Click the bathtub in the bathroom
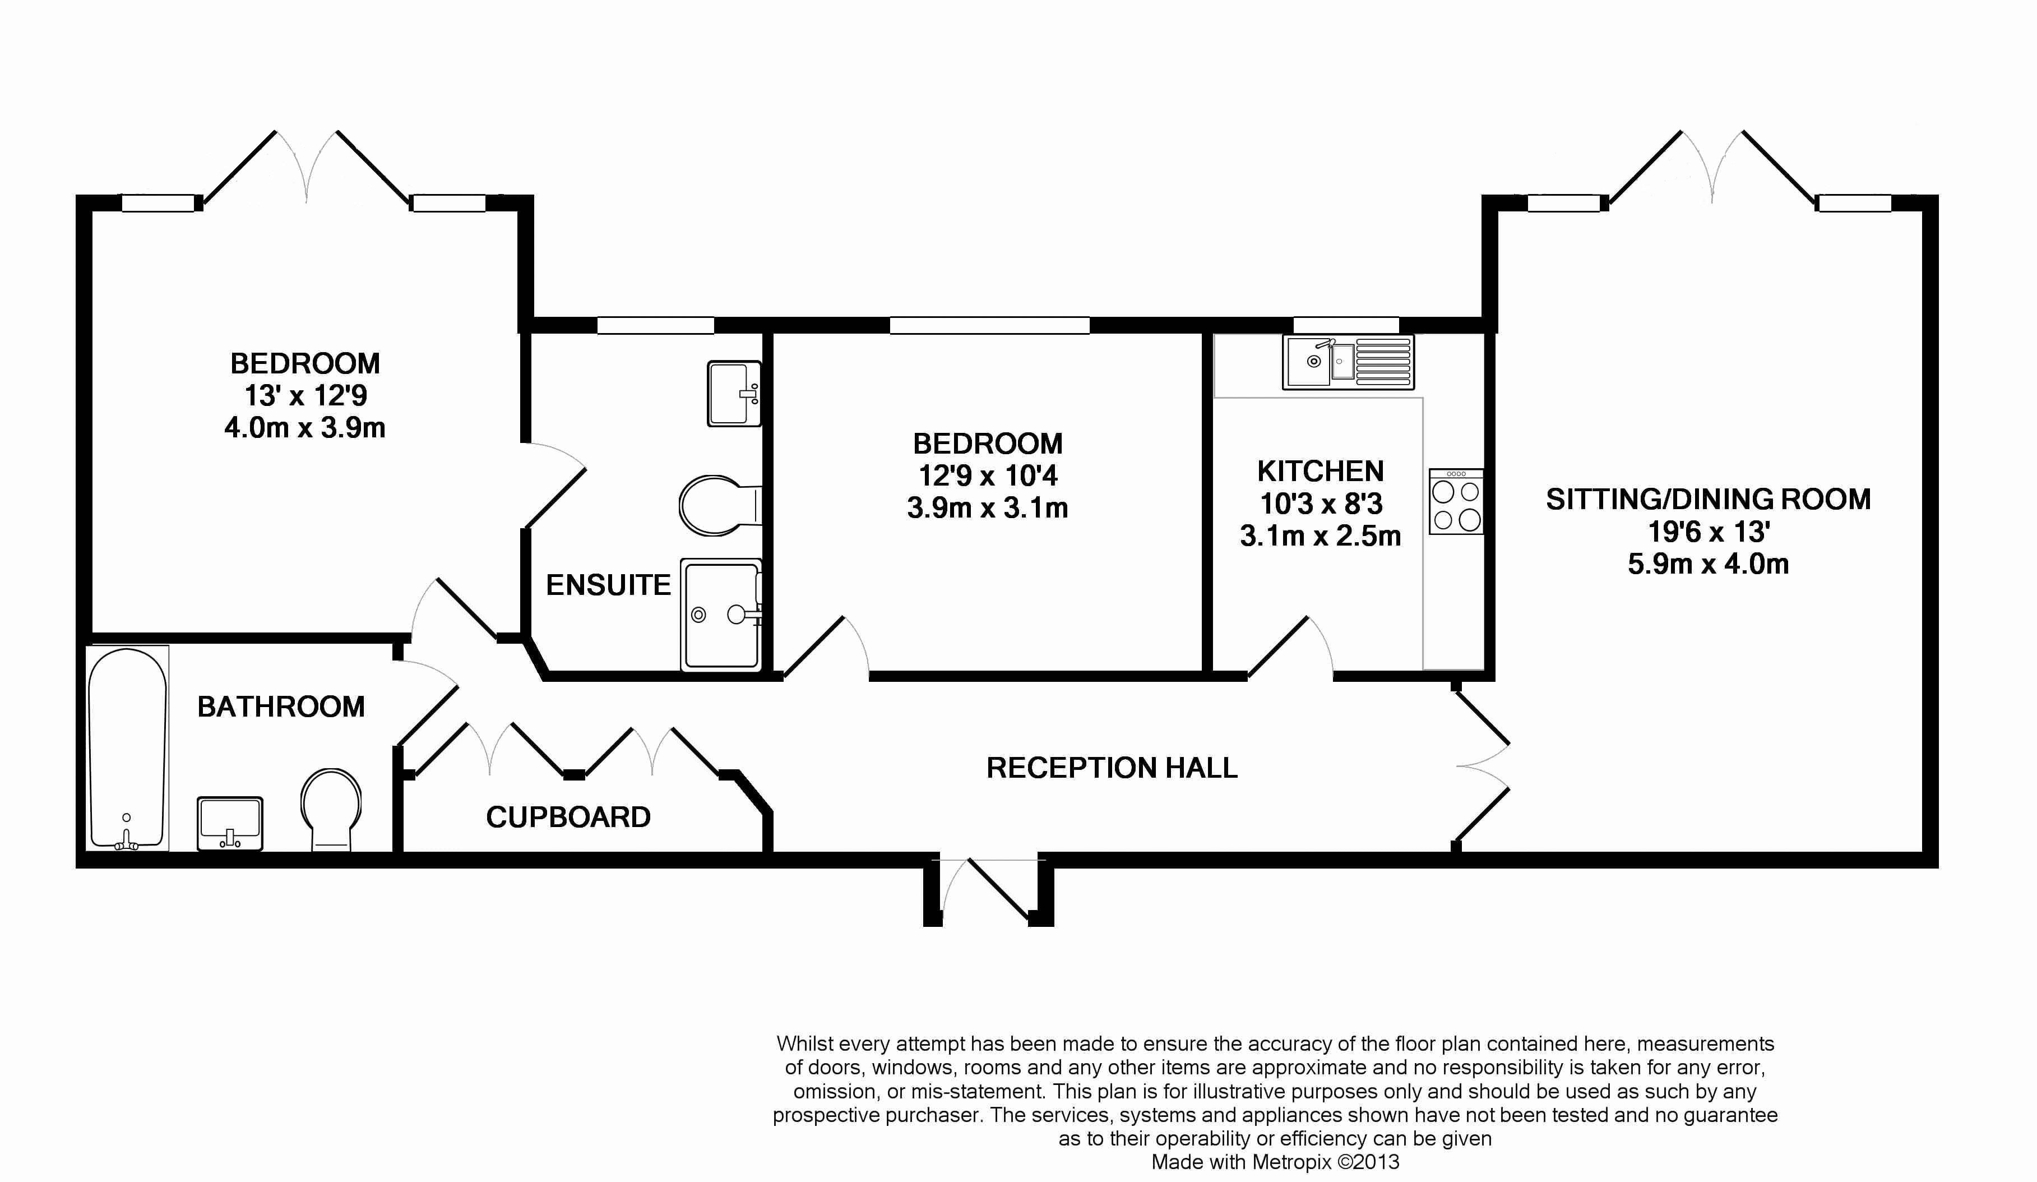click(x=127, y=748)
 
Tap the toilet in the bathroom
click(x=331, y=809)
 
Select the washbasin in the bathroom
click(x=230, y=823)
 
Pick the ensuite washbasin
click(x=733, y=394)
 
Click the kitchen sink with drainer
click(x=1348, y=362)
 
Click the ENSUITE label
click(x=608, y=584)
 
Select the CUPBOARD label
click(x=568, y=818)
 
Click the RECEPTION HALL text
click(x=1112, y=768)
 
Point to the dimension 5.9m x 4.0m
click(x=1708, y=564)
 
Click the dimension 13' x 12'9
click(x=305, y=395)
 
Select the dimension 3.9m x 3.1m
click(x=987, y=507)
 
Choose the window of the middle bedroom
click(x=989, y=326)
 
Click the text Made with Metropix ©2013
click(x=1275, y=1162)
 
